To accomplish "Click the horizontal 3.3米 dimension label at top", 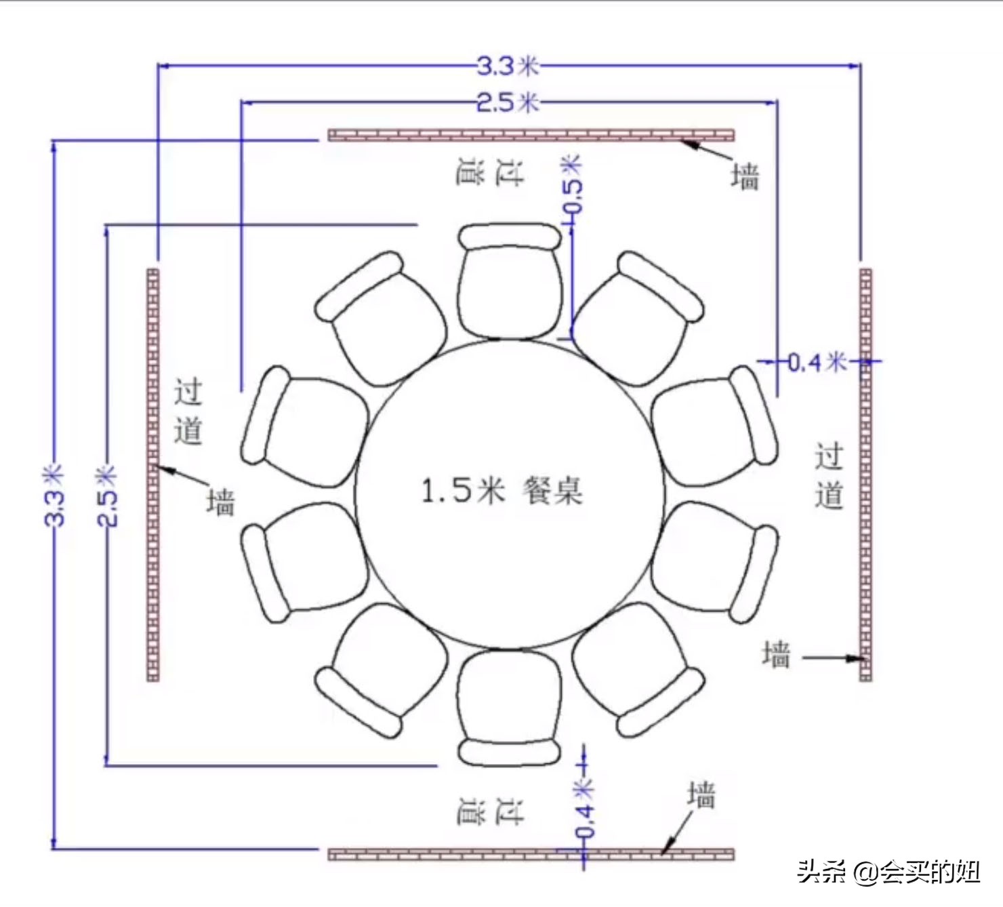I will tap(508, 66).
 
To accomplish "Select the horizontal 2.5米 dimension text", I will tap(508, 102).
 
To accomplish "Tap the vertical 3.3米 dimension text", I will tap(54, 495).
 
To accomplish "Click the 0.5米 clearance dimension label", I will tap(571, 183).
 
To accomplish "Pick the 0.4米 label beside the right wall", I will tap(817, 362).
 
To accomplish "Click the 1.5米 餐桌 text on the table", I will tap(501, 490).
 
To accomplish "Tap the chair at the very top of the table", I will tap(510, 281).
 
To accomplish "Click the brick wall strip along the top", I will tap(531, 135).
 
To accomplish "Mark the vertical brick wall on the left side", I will tap(153, 475).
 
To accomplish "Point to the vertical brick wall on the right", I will tap(865, 475).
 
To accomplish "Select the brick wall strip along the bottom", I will tap(531, 854).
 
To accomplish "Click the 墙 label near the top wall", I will tap(745, 176).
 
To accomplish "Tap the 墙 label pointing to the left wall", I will tap(221, 502).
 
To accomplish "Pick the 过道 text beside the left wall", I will tap(188, 411).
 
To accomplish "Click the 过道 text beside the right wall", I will tap(829, 475).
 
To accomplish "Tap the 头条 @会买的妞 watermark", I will tap(888, 871).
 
